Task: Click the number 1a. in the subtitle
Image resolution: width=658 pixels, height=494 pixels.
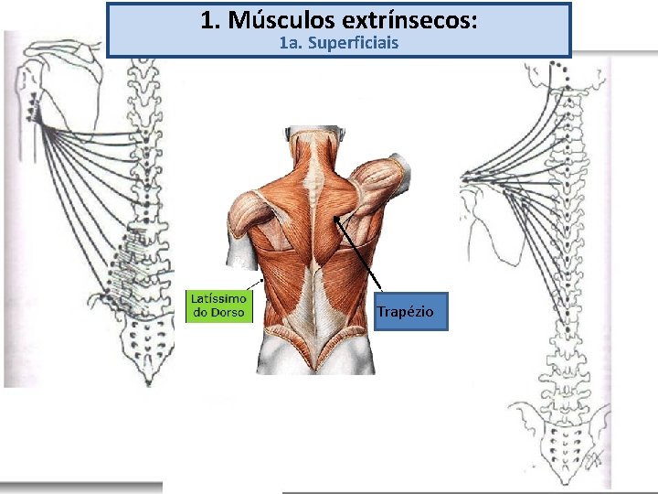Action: [x=292, y=43]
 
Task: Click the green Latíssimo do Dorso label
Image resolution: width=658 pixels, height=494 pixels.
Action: [x=218, y=306]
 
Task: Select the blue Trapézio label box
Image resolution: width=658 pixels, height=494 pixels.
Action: [x=410, y=312]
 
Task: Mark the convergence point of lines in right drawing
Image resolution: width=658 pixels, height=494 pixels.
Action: [x=468, y=176]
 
